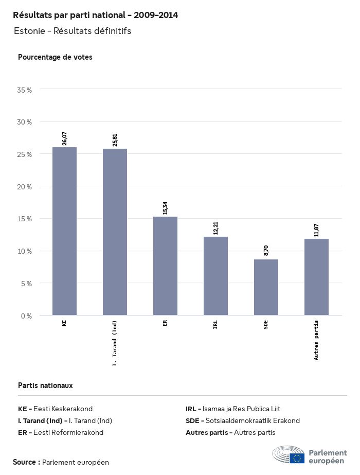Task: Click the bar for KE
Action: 64,231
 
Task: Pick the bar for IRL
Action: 215,276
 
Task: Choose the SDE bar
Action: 266,287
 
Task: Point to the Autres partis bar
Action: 316,277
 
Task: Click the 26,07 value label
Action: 64,138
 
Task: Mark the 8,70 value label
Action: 266,251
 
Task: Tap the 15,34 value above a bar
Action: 165,208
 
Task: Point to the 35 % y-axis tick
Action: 25,90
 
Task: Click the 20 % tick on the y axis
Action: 25,187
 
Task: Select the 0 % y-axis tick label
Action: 26,315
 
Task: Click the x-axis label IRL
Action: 215,324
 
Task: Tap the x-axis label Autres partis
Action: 316,340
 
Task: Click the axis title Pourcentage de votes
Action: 55,57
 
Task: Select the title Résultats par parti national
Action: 96,15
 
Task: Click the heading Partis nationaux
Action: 45,385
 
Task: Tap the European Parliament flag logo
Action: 297,457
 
